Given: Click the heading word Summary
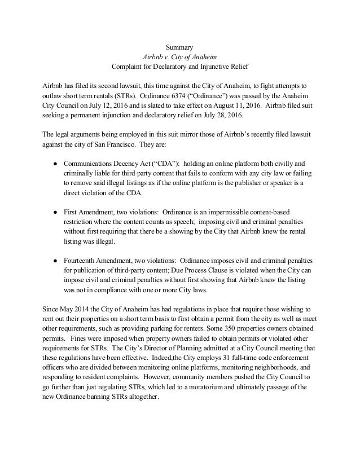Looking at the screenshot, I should tap(179, 47).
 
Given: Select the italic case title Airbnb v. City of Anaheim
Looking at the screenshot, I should tap(179, 57).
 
